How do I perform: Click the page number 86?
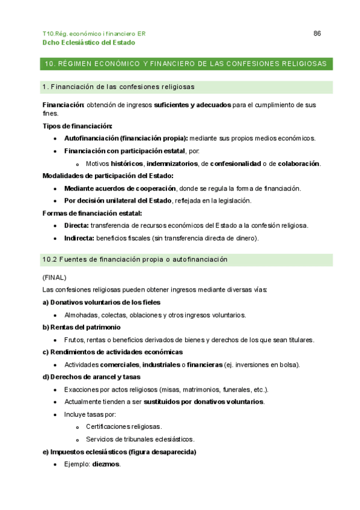point(317,34)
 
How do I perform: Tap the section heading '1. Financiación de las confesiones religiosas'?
point(118,87)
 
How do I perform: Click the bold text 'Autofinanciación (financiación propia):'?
point(126,138)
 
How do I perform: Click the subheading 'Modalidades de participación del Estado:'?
point(108,176)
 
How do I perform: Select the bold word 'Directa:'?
point(76,226)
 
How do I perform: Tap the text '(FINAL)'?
point(54,277)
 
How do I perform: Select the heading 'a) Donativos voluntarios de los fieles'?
point(102,302)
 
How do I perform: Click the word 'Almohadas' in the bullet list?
point(81,315)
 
